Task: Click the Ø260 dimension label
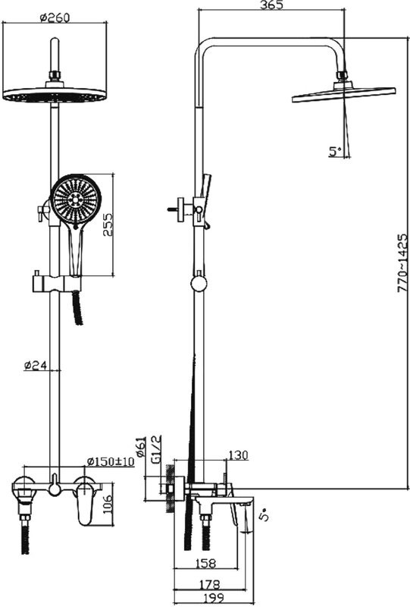click(x=55, y=17)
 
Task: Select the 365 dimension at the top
click(x=271, y=5)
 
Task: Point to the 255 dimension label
click(x=108, y=225)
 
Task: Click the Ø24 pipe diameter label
click(x=35, y=365)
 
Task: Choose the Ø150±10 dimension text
click(x=110, y=461)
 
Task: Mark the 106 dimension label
click(x=108, y=504)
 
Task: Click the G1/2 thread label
click(x=157, y=449)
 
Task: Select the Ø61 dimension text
click(x=141, y=446)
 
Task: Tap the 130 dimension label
click(x=238, y=455)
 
